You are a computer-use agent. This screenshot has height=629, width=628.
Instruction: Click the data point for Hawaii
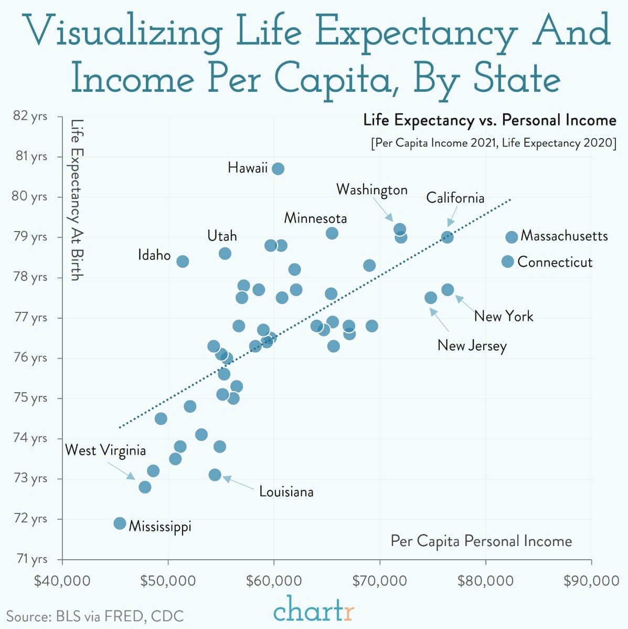coord(278,169)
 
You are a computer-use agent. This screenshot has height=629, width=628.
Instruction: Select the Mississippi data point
coord(120,523)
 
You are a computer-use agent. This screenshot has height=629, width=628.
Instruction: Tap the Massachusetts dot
coord(512,237)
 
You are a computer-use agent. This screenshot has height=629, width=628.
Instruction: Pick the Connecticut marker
coord(507,261)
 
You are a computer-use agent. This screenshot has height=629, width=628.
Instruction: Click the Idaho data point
coord(183,261)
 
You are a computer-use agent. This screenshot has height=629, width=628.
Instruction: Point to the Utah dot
coord(225,254)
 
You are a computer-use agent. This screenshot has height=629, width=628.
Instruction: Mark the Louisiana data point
coord(215,475)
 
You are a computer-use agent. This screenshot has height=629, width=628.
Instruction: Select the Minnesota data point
coord(332,233)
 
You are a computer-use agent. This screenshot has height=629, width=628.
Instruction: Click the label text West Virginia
coord(105,450)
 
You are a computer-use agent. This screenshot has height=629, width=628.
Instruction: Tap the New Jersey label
coord(472,345)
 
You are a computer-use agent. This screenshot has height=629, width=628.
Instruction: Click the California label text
coord(455,198)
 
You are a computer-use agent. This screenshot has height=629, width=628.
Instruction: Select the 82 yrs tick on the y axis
coord(30,116)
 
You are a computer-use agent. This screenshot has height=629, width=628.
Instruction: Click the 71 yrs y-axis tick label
coord(31,559)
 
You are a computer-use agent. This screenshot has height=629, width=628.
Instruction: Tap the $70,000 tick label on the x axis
coord(379,581)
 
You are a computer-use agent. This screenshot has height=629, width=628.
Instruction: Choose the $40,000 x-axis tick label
coord(62,581)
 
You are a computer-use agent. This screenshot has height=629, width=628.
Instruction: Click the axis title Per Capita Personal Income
coord(481,541)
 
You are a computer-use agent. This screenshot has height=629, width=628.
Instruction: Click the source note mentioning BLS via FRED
coord(95,616)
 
